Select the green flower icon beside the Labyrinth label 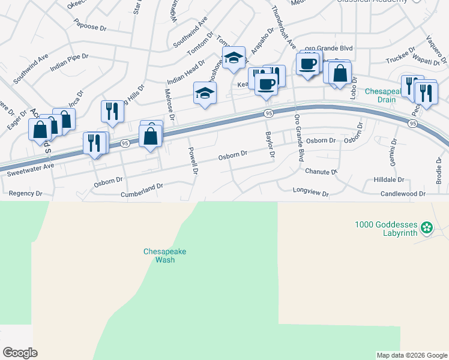point(427,227)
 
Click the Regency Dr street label point(26,194)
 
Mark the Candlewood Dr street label point(403,194)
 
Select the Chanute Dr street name point(321,172)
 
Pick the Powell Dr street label point(192,161)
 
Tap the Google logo point(20,353)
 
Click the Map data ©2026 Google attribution point(412,355)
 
